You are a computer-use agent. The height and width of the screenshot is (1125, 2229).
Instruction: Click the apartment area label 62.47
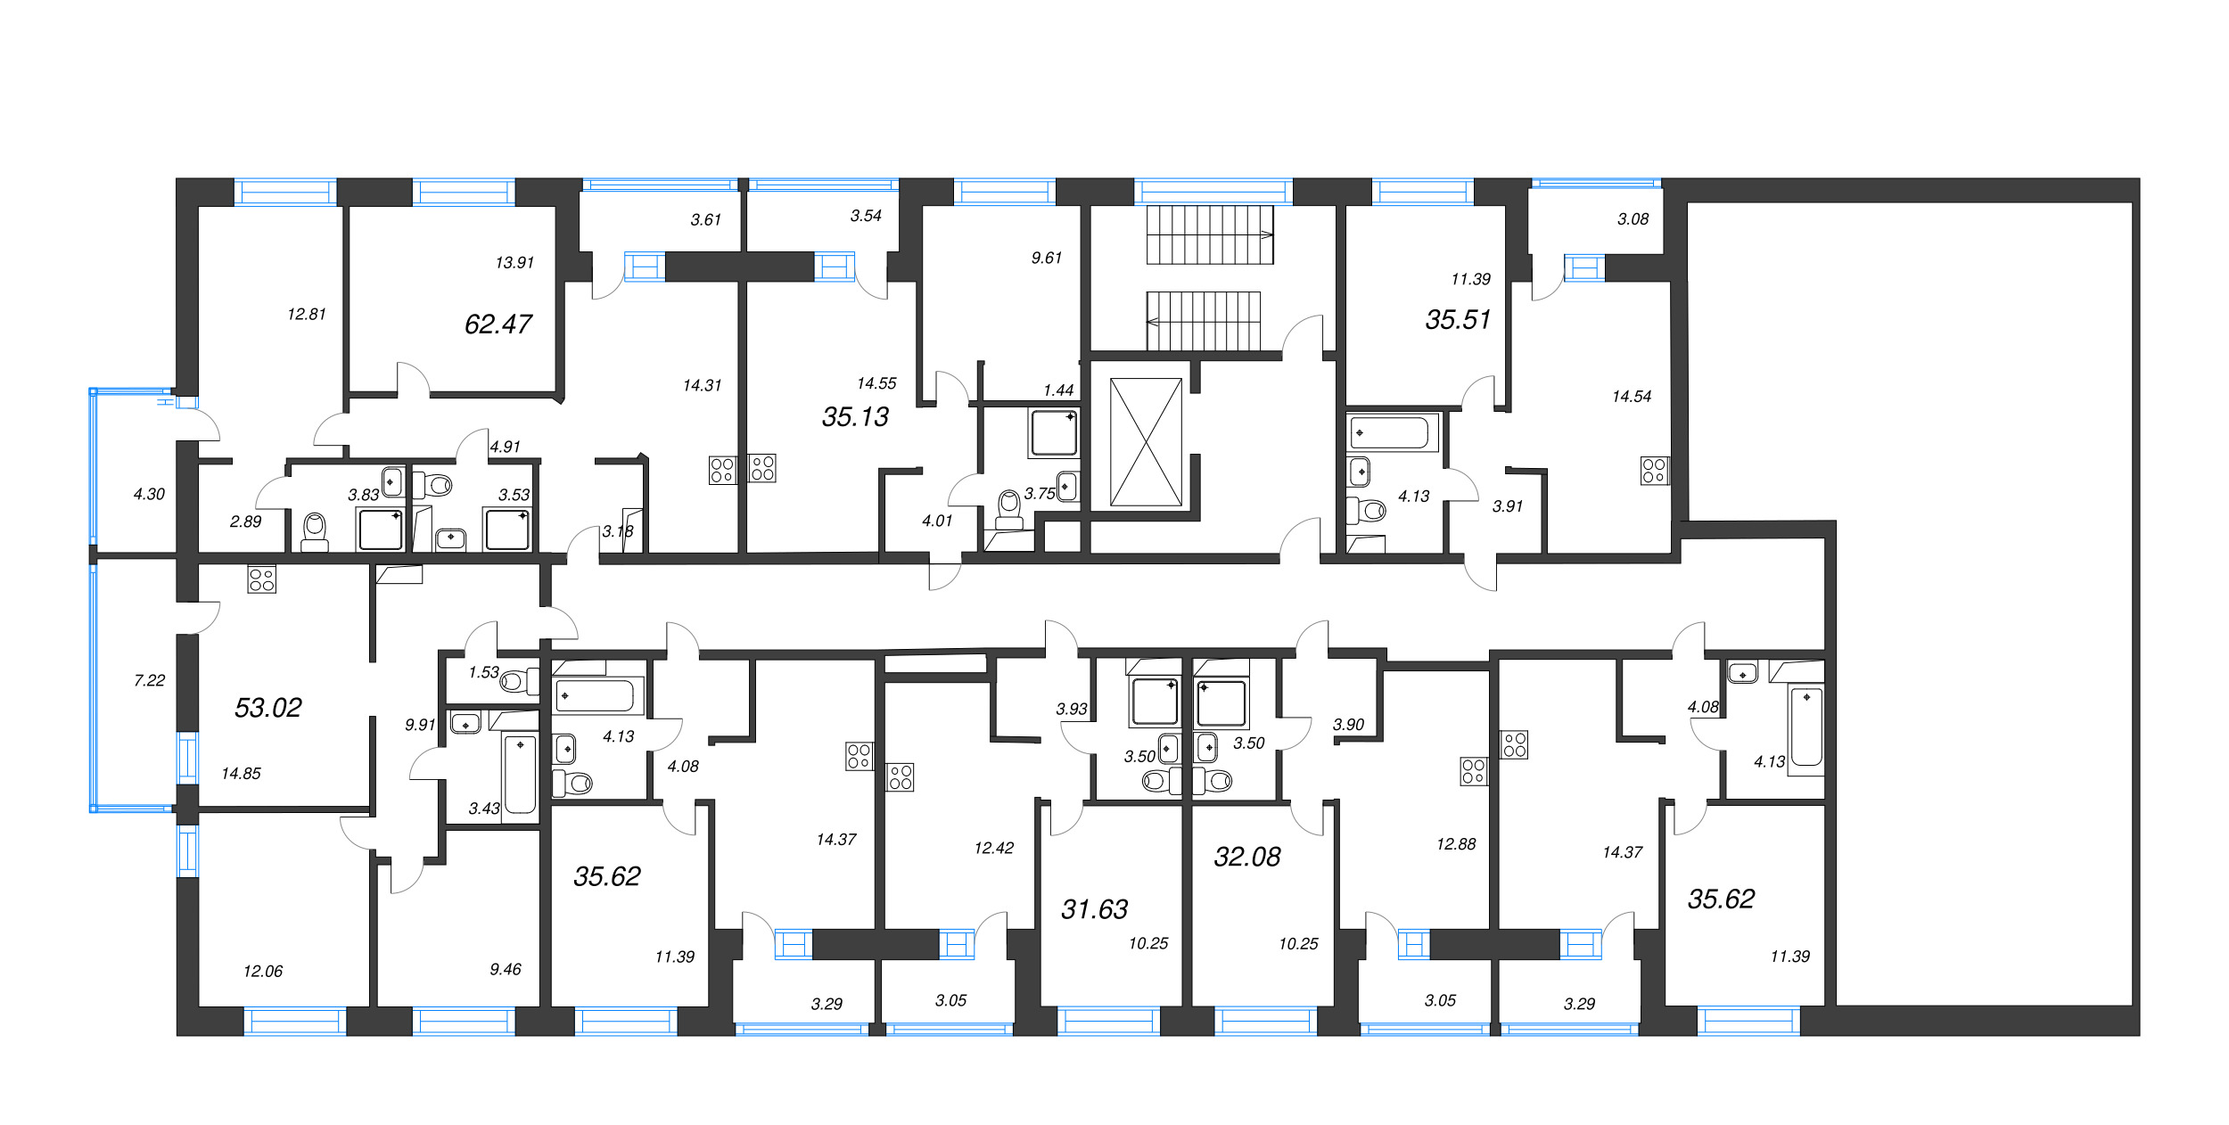pos(498,324)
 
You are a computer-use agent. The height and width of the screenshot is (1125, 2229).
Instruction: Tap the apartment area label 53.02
pos(268,707)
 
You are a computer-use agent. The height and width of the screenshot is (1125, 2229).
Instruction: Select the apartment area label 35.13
pos(856,416)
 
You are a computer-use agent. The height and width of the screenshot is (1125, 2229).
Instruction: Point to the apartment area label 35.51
pos(1459,319)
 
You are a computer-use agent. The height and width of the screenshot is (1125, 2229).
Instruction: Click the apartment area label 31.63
pos(1095,908)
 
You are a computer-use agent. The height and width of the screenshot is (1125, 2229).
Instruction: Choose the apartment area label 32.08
pos(1247,857)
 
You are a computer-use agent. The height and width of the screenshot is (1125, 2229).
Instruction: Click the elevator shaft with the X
pos(1146,442)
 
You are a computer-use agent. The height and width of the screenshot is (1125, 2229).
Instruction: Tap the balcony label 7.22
pos(150,680)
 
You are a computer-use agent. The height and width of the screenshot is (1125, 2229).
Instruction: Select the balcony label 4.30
pos(149,494)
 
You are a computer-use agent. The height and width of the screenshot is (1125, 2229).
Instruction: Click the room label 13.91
pos(514,262)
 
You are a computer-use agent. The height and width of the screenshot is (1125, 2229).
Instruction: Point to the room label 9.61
pos(1047,258)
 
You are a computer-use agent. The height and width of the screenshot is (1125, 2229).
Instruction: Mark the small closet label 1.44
pos(1058,390)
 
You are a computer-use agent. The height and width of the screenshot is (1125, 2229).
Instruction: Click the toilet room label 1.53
pos(484,672)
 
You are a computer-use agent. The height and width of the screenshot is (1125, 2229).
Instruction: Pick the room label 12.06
pos(263,971)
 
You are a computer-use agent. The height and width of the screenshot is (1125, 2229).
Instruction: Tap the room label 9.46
pos(506,969)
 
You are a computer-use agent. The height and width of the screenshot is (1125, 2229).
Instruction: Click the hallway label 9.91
pos(420,725)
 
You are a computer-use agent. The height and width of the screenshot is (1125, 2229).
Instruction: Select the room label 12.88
pos(1456,843)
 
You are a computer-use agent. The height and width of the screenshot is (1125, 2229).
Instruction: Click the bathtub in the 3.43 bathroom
pos(521,774)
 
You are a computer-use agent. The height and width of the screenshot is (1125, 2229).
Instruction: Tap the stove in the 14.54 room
pos(1654,471)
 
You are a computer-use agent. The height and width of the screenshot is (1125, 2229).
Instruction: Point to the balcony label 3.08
pos(1633,218)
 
